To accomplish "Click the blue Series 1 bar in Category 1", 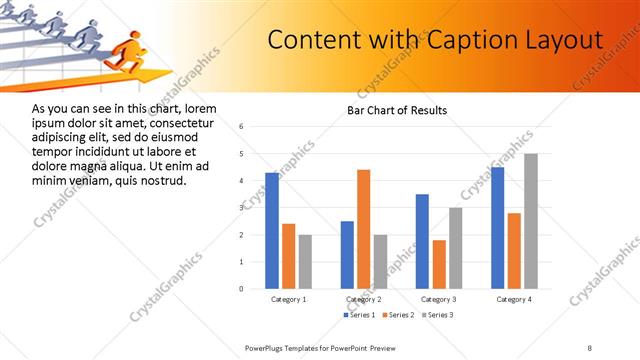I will point(272,230).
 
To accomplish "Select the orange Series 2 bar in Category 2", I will point(363,229).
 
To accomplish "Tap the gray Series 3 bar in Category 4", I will point(531,221).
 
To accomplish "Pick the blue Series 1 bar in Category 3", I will point(422,241).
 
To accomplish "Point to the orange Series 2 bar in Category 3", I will point(439,264).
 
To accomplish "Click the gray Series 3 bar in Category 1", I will point(305,261).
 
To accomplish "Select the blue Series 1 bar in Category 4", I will point(498,227).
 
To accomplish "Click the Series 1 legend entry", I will point(359,315).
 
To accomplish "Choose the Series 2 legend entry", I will point(397,315).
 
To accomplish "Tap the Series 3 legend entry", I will point(437,315).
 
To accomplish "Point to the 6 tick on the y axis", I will point(241,127).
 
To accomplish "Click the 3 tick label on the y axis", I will point(241,208).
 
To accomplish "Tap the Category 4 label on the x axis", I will point(514,299).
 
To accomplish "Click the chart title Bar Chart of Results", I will point(397,110).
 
